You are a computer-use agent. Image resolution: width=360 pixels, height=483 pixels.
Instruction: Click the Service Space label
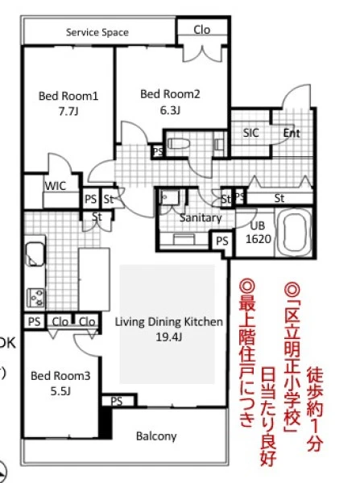(x=97, y=32)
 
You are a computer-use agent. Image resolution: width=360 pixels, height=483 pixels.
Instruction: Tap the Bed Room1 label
(x=68, y=96)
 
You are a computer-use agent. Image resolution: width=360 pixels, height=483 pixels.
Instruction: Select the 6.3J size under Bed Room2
(x=170, y=110)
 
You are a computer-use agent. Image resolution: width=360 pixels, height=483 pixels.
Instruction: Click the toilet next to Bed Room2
(x=178, y=143)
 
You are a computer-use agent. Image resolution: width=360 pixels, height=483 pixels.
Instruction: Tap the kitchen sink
(x=35, y=254)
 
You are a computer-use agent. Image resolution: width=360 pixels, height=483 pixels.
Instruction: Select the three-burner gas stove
(x=35, y=297)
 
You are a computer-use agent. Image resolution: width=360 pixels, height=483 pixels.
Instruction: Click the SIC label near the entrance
(x=250, y=133)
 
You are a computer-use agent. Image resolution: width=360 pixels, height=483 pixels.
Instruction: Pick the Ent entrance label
(x=292, y=133)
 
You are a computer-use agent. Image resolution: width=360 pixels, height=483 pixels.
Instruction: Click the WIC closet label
(x=56, y=186)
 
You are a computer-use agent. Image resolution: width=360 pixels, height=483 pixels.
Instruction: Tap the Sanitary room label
(x=201, y=218)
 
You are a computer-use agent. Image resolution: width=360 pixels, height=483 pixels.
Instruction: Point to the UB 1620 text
(x=259, y=233)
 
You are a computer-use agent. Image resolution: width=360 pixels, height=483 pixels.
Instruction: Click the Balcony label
(x=156, y=436)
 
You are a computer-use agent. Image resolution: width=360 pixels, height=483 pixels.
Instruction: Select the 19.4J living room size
(x=168, y=337)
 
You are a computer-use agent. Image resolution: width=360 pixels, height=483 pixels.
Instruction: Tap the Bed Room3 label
(x=60, y=376)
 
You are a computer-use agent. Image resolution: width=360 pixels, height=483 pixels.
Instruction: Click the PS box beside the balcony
(x=118, y=400)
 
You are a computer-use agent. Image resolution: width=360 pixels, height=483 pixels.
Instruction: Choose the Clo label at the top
(x=202, y=30)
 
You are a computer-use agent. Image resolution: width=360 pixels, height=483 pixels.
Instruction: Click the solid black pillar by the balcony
(x=106, y=421)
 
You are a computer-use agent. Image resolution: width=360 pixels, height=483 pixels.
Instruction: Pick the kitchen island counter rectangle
(x=94, y=279)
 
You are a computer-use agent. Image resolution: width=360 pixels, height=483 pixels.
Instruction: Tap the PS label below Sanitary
(x=222, y=242)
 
